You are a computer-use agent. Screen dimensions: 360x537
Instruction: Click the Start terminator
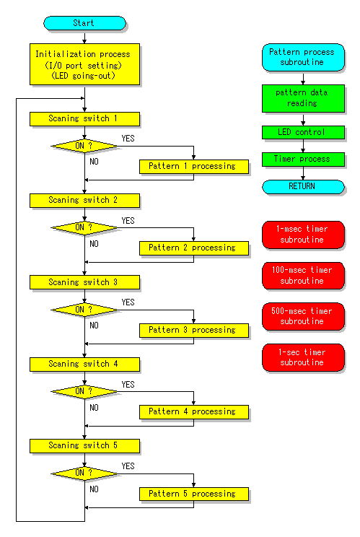click(84, 23)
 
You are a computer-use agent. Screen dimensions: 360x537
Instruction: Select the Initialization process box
click(84, 64)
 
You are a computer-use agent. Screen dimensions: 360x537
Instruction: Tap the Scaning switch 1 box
click(84, 119)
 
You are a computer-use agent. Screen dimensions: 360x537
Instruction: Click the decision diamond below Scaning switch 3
click(84, 310)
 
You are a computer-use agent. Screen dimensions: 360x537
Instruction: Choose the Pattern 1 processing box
click(194, 167)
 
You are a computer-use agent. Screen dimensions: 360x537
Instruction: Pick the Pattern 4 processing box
click(194, 412)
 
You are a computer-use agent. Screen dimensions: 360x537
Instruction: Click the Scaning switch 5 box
click(84, 446)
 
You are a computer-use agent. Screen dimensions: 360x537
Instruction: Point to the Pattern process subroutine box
click(303, 57)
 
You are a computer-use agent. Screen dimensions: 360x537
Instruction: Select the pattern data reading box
click(303, 98)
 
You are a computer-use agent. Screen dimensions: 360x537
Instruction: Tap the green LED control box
click(303, 132)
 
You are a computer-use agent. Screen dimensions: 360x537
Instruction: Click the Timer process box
click(303, 160)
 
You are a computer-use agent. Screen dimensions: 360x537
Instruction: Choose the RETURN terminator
click(303, 187)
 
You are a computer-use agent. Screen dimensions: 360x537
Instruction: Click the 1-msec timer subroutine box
click(303, 235)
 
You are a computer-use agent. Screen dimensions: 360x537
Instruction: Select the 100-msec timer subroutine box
click(303, 276)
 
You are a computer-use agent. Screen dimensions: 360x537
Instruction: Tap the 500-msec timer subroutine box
click(303, 316)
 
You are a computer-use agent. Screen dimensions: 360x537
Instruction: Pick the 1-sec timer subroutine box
click(303, 357)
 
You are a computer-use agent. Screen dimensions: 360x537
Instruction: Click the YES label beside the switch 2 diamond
click(128, 221)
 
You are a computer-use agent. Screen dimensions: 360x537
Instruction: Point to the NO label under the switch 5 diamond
click(94, 489)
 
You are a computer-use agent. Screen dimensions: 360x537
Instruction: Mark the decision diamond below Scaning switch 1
click(84, 146)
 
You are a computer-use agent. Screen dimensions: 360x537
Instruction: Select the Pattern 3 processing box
click(194, 331)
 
